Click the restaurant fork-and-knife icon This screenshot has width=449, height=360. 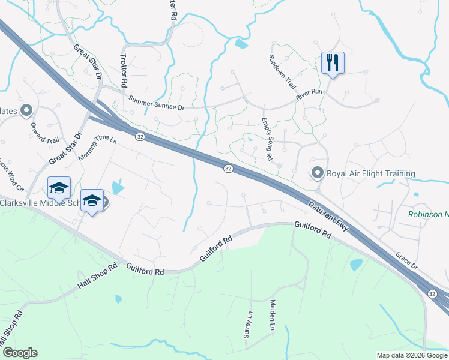coord(332,62)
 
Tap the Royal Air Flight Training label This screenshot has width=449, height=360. coord(370,174)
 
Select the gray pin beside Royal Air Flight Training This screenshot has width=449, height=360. coord(317,173)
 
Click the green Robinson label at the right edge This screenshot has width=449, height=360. coord(428,214)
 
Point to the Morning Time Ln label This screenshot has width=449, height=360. coord(97,148)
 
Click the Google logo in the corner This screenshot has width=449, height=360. coord(19,353)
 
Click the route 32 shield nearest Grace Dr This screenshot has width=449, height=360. coord(432,293)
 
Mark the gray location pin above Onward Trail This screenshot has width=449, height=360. coord(26,110)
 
